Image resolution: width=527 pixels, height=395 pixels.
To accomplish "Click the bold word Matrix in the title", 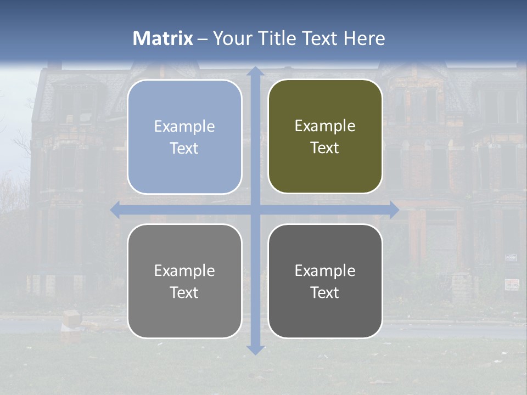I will (163, 38).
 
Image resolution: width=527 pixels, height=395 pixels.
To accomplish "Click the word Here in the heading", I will (364, 38).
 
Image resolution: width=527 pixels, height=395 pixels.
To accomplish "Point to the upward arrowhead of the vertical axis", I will (255, 71).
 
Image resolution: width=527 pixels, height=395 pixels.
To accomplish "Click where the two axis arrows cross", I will (255, 210).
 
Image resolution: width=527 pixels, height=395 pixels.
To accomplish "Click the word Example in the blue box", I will (184, 127).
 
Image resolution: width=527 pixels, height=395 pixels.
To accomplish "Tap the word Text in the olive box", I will (325, 148).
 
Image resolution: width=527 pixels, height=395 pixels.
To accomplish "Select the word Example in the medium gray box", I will (184, 271).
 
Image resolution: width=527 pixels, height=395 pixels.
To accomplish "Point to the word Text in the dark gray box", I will (325, 292).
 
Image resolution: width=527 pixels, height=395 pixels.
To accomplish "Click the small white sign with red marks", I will (512, 284).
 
